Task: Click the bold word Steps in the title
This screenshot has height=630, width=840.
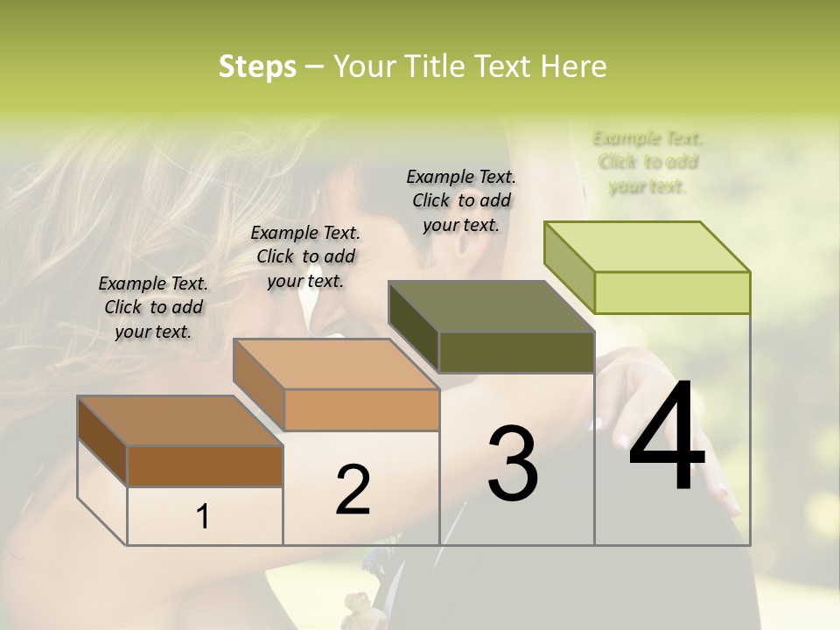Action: click(257, 66)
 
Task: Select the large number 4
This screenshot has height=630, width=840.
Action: click(667, 437)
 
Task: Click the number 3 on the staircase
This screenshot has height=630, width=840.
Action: click(513, 464)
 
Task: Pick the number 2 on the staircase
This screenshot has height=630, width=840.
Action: click(353, 490)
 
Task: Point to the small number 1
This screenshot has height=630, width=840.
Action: click(203, 516)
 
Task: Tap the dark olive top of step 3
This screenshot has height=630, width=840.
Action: click(490, 306)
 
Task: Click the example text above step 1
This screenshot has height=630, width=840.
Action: click(153, 307)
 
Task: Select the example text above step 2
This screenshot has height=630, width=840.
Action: click(305, 256)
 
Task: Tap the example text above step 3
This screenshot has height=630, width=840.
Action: click(461, 200)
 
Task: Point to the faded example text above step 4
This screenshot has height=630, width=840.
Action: click(647, 162)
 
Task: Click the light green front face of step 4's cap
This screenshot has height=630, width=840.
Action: click(672, 292)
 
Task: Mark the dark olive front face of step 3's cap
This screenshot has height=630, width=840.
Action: click(516, 352)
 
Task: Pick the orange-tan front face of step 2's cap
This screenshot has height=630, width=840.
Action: click(361, 409)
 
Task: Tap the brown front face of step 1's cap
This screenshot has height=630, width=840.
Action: click(205, 465)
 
